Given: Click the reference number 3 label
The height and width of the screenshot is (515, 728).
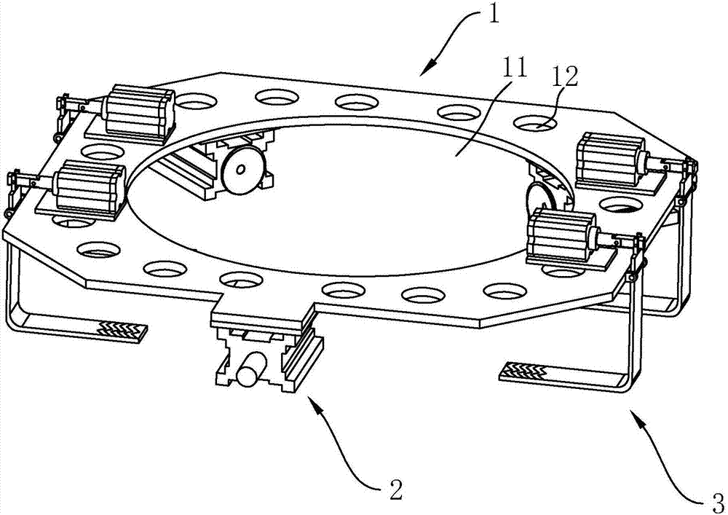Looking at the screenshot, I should click(716, 500).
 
